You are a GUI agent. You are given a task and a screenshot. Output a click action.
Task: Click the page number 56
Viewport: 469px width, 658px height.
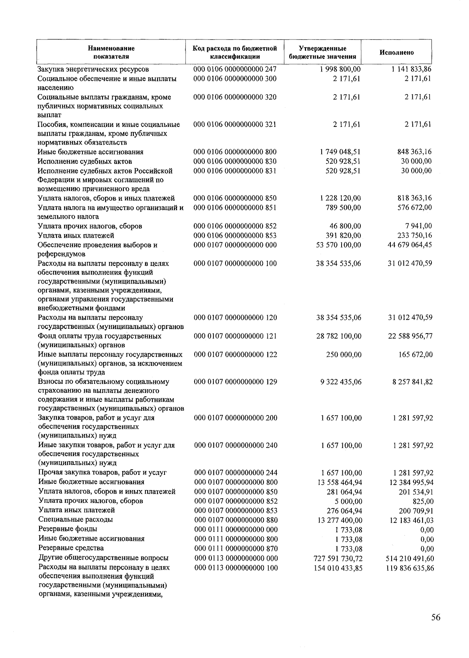tap(436, 617)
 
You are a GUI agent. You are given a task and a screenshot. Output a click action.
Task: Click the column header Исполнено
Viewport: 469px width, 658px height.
tap(397, 53)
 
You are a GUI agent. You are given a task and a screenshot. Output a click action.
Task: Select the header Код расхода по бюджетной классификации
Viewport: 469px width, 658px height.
tap(235, 53)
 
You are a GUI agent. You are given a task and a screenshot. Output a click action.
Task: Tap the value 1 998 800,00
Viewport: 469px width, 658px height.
tap(340, 69)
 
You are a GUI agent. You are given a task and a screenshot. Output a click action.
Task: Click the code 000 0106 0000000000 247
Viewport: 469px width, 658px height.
tap(235, 69)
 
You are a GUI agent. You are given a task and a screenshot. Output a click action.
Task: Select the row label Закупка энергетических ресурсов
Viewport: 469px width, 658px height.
tap(93, 70)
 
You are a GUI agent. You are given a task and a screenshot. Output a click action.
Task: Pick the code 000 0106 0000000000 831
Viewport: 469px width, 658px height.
tap(235, 171)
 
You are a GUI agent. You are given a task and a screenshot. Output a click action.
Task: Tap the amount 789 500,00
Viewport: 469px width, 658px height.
tap(343, 207)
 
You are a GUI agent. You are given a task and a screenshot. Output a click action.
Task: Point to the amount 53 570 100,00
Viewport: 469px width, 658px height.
tap(338, 245)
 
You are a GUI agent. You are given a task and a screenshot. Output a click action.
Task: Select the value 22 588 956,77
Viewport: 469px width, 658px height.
tap(410, 336)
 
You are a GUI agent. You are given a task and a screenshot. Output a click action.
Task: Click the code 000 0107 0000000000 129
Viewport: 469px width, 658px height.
tap(235, 382)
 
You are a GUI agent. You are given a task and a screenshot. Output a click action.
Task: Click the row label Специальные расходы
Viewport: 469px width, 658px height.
tap(75, 519)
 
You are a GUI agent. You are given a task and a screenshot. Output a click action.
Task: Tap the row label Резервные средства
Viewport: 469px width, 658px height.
tap(71, 548)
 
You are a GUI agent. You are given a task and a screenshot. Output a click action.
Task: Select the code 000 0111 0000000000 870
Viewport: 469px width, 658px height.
tap(236, 548)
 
